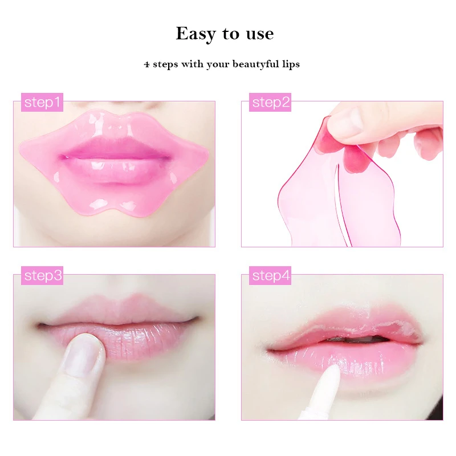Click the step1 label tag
[42, 103]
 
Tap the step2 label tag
[271, 103]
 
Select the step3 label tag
[42, 276]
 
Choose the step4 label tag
[271, 276]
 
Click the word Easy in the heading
[197, 34]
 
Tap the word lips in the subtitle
[290, 64]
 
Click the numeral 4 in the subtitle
[146, 64]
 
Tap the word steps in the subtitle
[165, 64]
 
